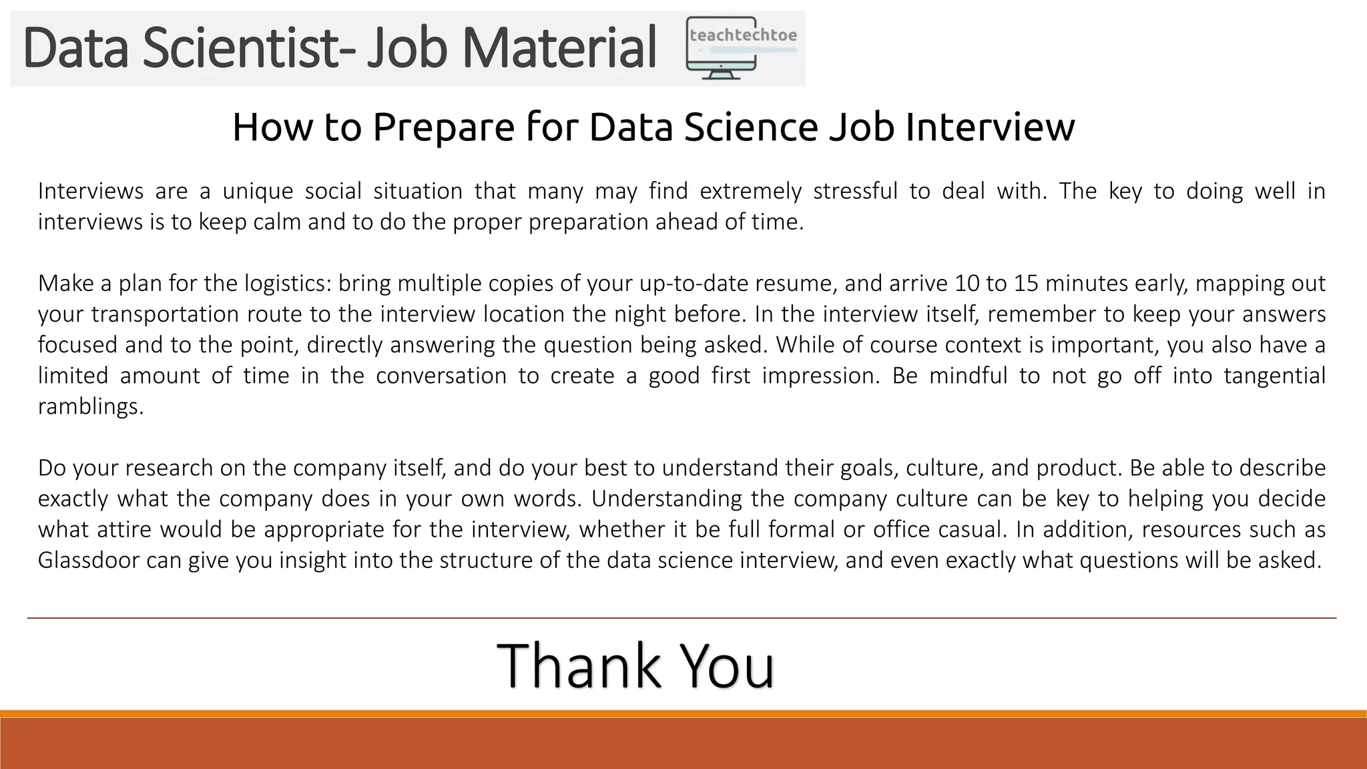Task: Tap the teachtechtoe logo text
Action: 743,35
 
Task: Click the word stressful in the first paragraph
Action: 855,192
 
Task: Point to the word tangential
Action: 1274,376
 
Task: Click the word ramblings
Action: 90,407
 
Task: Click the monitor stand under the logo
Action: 721,74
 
